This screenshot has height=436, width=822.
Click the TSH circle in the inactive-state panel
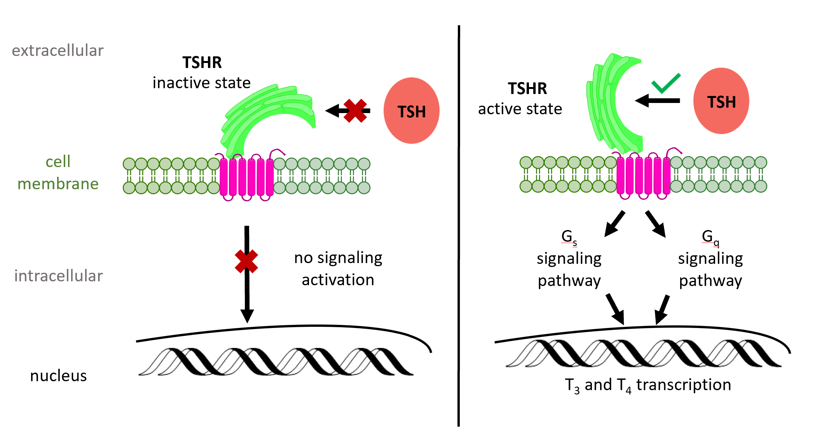[411, 111]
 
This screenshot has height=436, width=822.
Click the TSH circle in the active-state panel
[721, 101]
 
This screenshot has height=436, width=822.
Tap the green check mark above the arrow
[666, 84]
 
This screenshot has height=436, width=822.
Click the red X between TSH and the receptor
[355, 111]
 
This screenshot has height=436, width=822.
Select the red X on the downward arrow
[246, 261]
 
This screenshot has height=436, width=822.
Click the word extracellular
[58, 51]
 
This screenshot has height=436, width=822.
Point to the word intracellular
[58, 276]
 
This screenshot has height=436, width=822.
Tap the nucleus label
[58, 376]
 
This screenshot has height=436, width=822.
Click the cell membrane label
[58, 173]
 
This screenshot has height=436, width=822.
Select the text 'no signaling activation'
[338, 269]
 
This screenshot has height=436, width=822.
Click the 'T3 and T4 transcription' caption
[648, 385]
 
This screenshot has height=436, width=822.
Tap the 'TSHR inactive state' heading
[202, 73]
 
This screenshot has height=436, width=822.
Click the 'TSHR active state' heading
[520, 99]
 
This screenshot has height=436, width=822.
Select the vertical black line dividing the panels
[459, 225]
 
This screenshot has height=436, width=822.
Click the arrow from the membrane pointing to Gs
[614, 224]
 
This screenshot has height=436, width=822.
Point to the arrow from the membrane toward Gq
[656, 224]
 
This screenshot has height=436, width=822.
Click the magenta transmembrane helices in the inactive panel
[246, 177]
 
